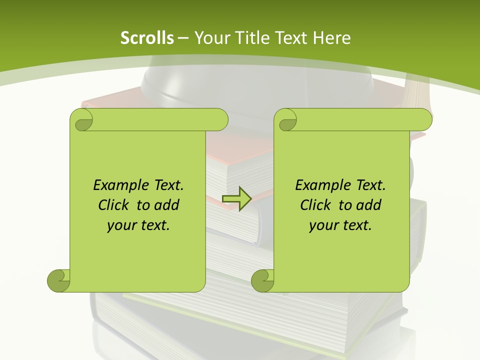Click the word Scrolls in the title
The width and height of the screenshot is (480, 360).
(147, 38)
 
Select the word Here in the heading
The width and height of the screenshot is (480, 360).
(332, 38)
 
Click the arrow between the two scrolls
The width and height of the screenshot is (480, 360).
(236, 198)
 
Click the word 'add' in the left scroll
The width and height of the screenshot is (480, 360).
(167, 205)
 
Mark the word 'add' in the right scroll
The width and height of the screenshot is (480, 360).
(369, 205)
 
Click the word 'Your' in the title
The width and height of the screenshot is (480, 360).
(210, 38)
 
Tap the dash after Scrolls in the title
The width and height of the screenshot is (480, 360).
(183, 38)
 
